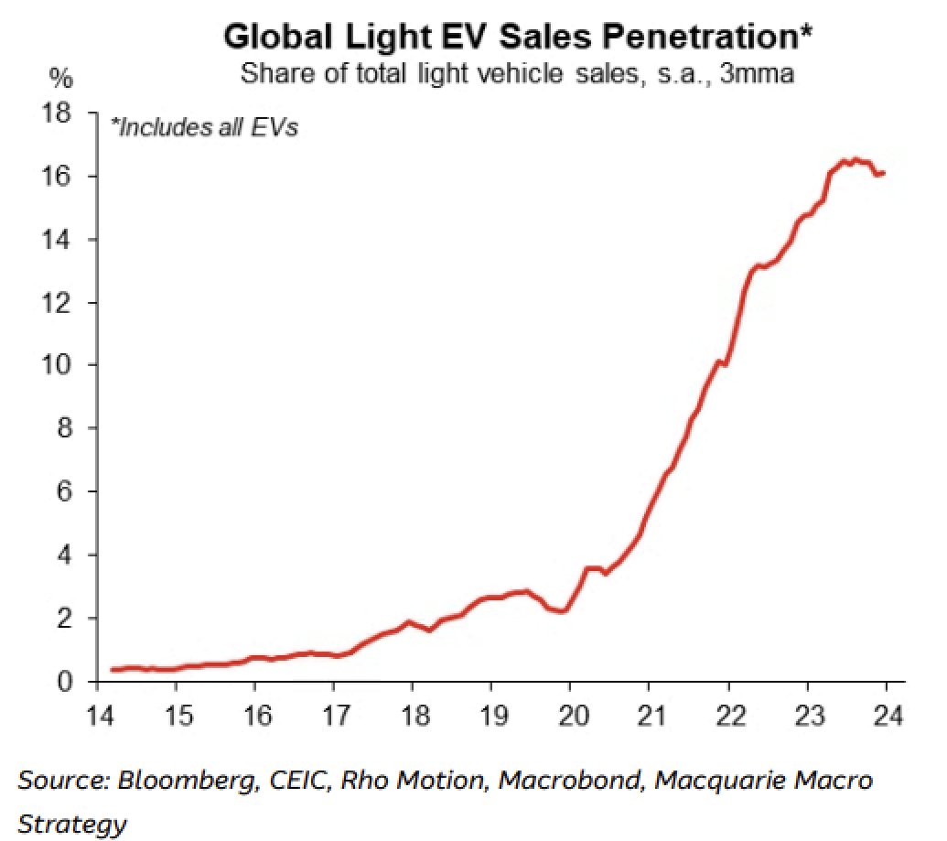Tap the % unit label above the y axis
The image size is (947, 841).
click(59, 80)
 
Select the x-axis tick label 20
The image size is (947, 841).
click(570, 713)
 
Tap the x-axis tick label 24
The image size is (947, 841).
click(887, 713)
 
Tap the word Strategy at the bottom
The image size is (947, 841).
click(72, 825)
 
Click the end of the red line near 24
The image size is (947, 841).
click(883, 173)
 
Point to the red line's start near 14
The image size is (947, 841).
click(112, 670)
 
